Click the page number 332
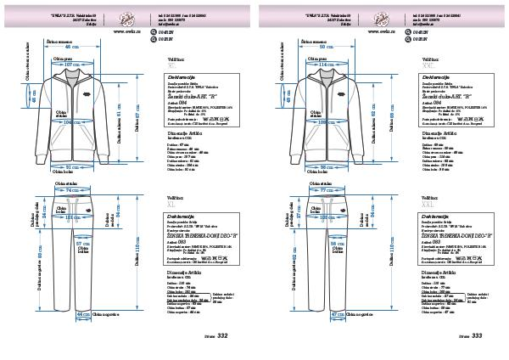[x=223, y=336]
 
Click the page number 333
[x=478, y=336]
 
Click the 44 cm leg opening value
[x=83, y=314]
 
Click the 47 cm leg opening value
[x=337, y=314]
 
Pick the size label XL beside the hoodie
[x=172, y=65]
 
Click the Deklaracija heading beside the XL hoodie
[x=184, y=76]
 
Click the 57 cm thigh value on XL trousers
[x=82, y=243]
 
